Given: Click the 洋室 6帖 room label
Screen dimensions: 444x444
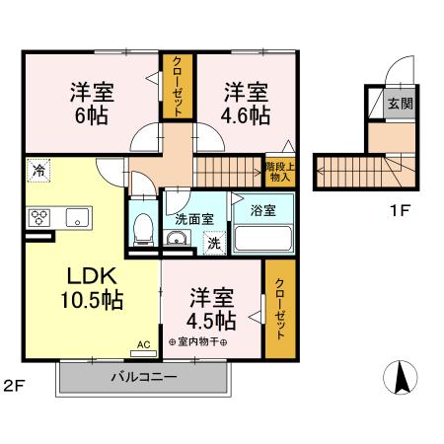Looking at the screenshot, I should click(91, 104).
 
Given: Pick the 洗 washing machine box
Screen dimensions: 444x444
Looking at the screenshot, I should click(212, 243).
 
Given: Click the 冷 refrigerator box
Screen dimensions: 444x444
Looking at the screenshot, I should click(37, 170).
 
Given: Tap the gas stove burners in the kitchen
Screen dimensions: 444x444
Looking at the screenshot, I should click(41, 217).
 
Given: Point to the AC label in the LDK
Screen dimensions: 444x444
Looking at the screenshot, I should click(143, 345).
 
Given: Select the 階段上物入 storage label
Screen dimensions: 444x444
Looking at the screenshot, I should click(277, 172).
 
